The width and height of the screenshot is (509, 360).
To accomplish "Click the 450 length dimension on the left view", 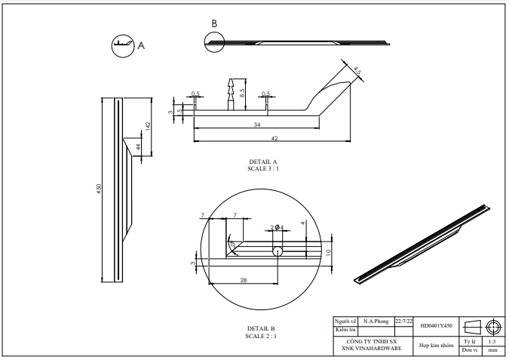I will click(x=98, y=188).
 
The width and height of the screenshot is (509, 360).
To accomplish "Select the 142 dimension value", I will click(x=148, y=125).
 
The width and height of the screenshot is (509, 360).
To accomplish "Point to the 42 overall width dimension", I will click(x=274, y=138).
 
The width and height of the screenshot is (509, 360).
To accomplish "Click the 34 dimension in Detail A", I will click(x=257, y=124).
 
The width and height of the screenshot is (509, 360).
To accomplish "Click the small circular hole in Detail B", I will click(x=277, y=251).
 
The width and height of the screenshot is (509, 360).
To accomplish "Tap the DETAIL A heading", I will click(x=263, y=162).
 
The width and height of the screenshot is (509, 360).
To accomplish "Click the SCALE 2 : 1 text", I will click(x=262, y=335).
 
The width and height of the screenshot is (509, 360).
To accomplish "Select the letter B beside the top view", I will click(x=214, y=24).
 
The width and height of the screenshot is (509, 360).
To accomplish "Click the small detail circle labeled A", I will click(x=123, y=45).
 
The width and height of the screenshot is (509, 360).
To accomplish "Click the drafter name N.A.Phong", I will click(x=376, y=321).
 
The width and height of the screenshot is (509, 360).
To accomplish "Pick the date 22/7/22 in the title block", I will click(x=404, y=321).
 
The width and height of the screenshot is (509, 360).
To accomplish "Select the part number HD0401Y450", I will click(x=437, y=325).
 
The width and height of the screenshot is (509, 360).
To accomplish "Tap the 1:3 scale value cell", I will click(x=492, y=341).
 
